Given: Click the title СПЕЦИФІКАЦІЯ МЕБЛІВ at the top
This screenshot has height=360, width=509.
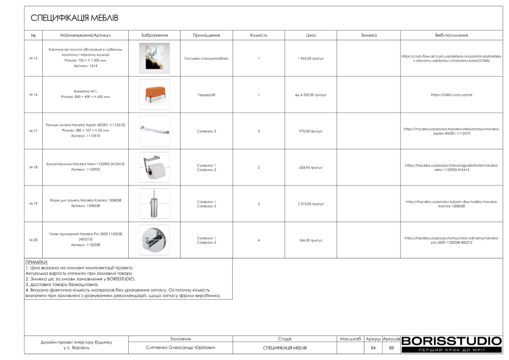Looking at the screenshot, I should [75, 18].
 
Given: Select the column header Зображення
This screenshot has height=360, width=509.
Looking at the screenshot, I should [154, 35].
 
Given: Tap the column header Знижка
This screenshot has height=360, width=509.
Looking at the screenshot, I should [368, 35].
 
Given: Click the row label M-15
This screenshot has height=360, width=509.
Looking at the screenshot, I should [33, 58].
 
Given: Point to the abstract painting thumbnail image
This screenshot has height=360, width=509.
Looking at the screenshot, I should [154, 58].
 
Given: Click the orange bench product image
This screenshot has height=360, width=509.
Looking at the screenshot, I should [154, 94].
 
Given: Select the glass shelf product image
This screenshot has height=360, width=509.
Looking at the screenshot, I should [154, 131].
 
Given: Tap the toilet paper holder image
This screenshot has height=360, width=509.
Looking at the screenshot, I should [154, 167].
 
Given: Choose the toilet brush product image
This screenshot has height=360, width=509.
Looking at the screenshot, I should [154, 203].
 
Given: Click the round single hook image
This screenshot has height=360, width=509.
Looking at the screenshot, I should [154, 240].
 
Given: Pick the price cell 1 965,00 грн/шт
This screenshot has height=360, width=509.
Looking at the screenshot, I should [311, 58].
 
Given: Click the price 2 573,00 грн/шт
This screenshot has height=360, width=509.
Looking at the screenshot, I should [311, 204].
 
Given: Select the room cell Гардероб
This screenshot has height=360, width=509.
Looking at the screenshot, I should [206, 94].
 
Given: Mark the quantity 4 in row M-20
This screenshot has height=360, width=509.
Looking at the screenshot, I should [258, 240].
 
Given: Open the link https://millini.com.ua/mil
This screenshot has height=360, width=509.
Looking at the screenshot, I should [451, 94].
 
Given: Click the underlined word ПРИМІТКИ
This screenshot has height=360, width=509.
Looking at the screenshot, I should [37, 262].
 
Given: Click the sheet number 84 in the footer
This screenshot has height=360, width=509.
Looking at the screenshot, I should [373, 348].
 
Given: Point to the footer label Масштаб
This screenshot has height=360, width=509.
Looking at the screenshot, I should [350, 339].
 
